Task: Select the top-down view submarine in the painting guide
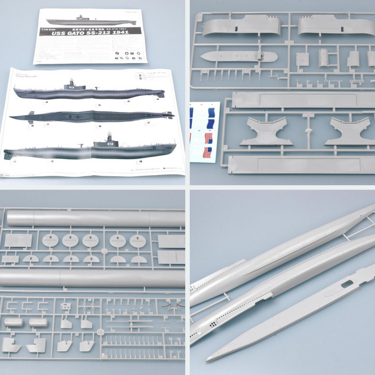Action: (91, 116)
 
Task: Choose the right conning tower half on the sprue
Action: (332, 25)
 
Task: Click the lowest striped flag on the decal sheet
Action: (207, 153)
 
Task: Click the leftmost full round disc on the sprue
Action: (50, 241)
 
